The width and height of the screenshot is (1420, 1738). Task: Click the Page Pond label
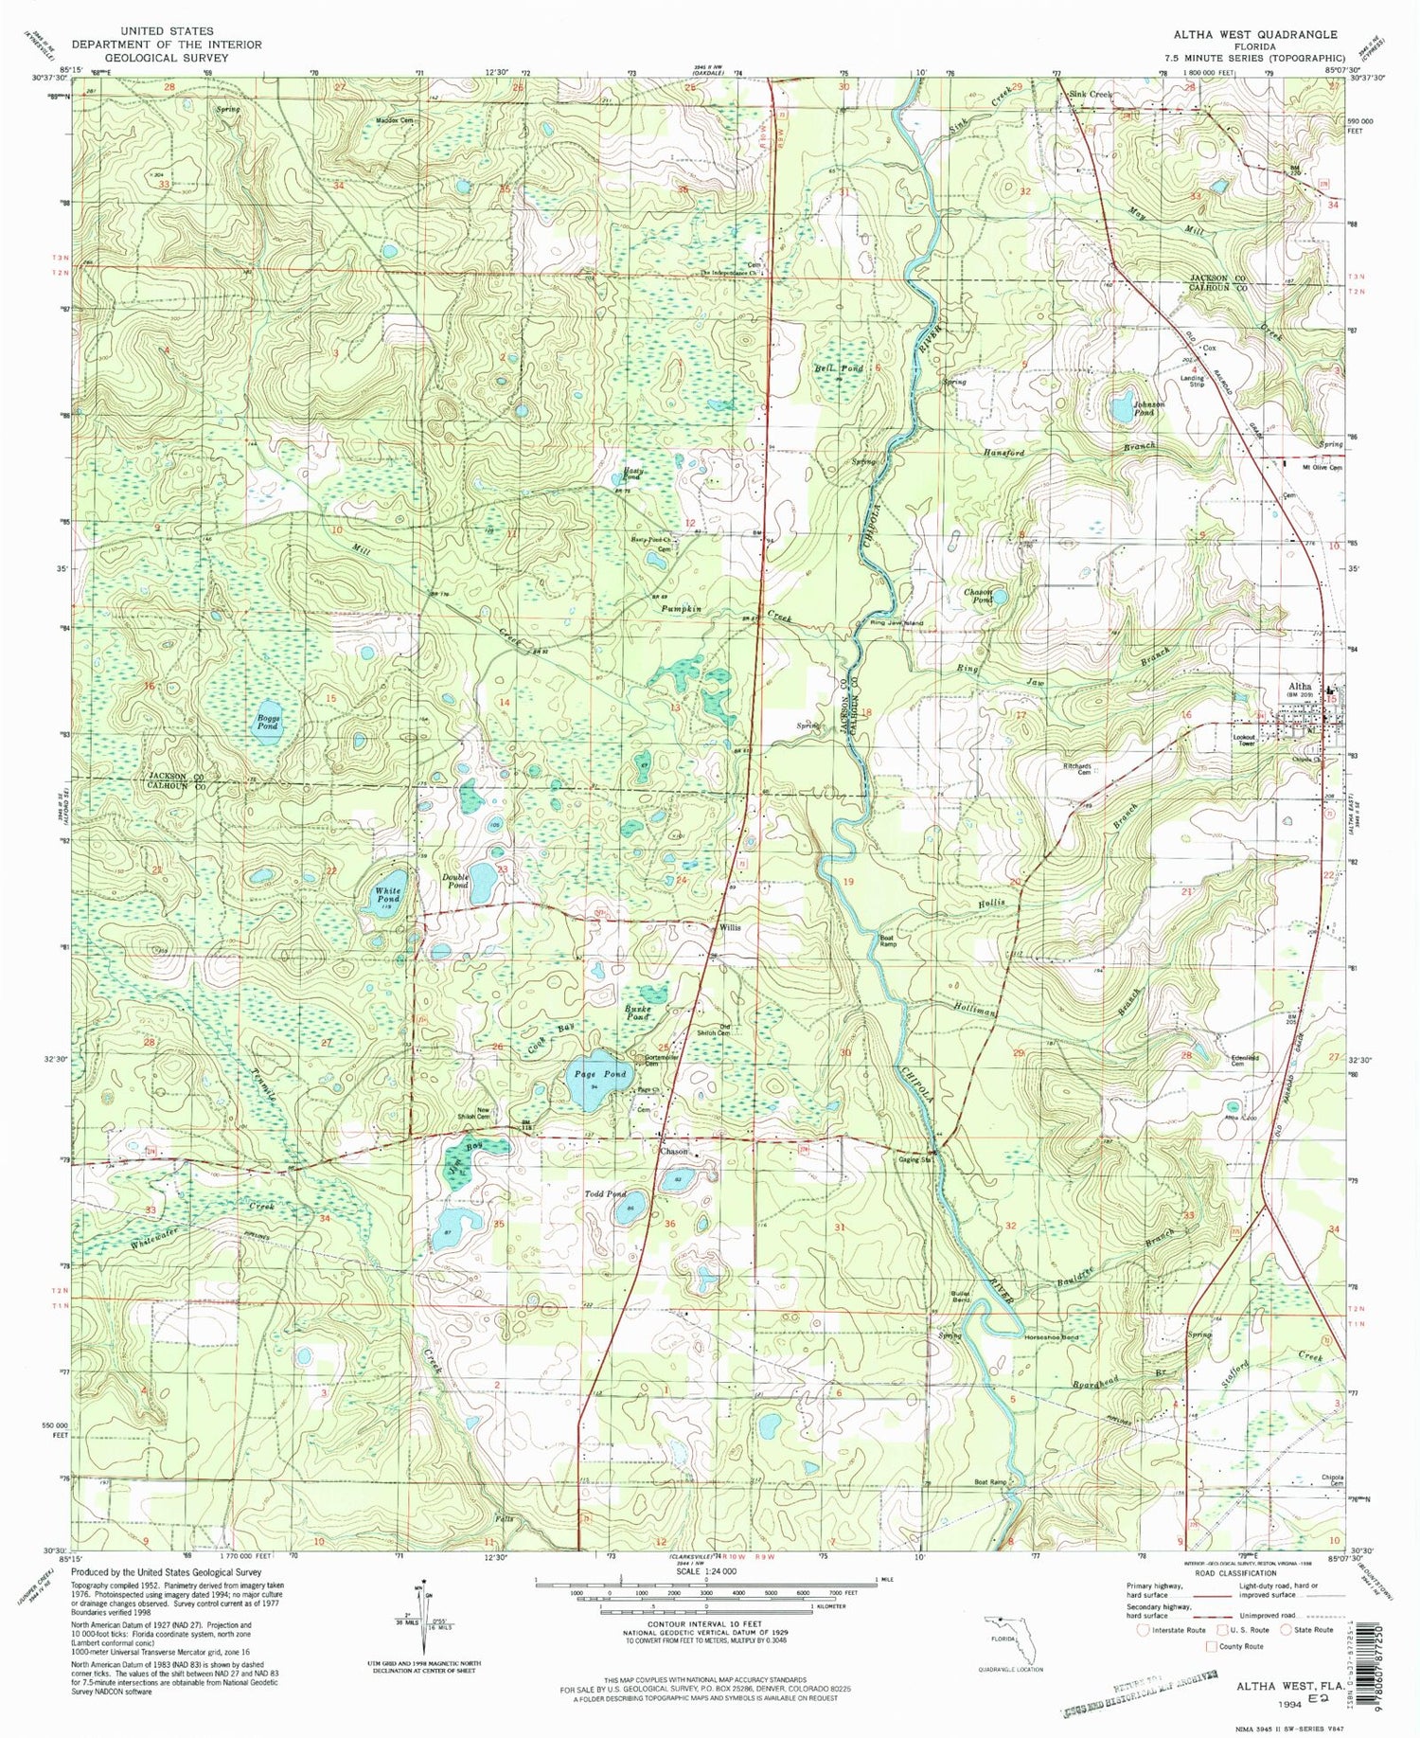pyautogui.click(x=600, y=1074)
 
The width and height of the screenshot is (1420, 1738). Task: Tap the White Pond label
pyautogui.click(x=388, y=896)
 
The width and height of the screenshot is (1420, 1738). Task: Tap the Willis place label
pyautogui.click(x=729, y=927)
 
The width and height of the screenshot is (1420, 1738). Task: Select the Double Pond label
pyautogui.click(x=456, y=881)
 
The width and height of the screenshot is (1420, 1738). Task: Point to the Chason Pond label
pyautogui.click(x=978, y=596)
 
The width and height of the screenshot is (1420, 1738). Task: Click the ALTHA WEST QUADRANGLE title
pyautogui.click(x=1254, y=34)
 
